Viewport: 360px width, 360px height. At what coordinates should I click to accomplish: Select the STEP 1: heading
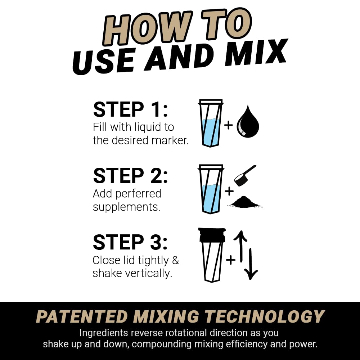pyautogui.click(x=130, y=110)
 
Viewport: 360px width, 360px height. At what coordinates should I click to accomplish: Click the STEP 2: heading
pyautogui.click(x=130, y=176)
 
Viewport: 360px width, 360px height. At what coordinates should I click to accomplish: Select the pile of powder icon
pyautogui.click(x=245, y=202)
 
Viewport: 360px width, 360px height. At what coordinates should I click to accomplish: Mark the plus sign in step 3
pyautogui.click(x=231, y=260)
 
